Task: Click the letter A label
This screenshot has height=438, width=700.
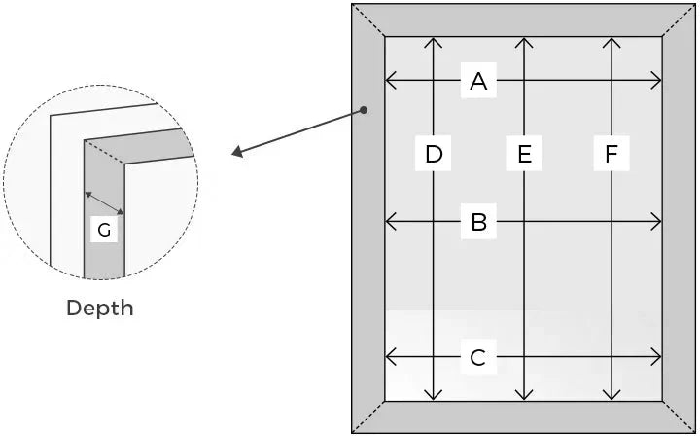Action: coord(478,81)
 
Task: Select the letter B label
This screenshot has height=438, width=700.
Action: coord(478,222)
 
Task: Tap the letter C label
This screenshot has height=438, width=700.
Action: coord(478,357)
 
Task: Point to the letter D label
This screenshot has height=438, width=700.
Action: coord(434,154)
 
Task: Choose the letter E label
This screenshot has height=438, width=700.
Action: coord(525,154)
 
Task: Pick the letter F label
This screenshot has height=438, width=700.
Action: coord(612,154)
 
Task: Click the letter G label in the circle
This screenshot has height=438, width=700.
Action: coord(104,230)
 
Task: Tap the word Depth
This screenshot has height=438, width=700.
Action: coord(100,308)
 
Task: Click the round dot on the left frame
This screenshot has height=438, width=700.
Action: coord(364,110)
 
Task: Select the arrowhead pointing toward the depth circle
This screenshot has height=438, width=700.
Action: coord(237,152)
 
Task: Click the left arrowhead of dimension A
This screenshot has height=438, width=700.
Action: coord(390,81)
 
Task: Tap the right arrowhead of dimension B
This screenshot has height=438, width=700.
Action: coord(656,221)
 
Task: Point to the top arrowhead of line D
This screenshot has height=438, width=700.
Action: coord(433,43)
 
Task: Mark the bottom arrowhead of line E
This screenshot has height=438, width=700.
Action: coord(524,394)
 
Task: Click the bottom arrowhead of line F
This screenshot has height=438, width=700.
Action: coord(612,394)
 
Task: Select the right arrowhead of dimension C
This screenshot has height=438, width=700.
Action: coord(656,357)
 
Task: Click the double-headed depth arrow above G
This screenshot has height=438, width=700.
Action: coord(104,203)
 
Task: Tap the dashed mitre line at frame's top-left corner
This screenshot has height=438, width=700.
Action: coord(368,20)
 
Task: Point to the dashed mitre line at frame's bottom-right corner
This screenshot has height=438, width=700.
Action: coord(679,417)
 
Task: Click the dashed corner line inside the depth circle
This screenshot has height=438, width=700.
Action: coord(104,152)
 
